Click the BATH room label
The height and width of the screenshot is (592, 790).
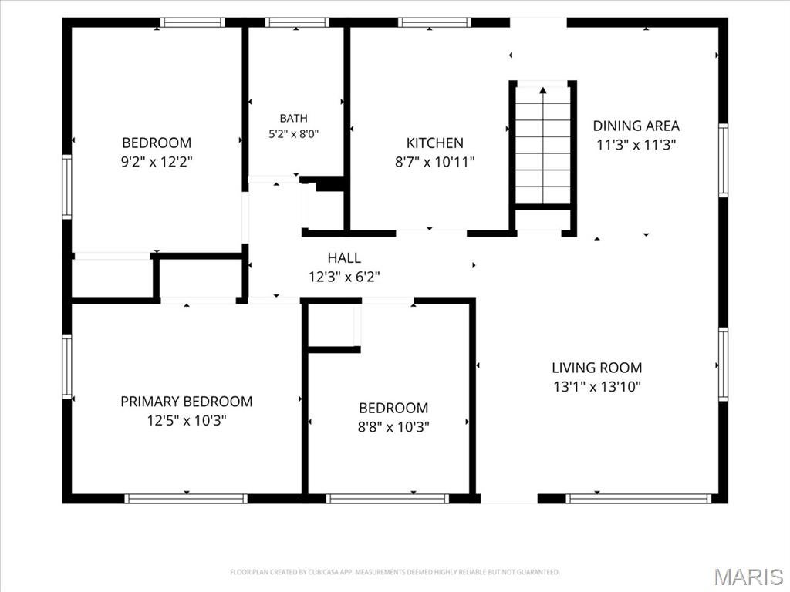(x=293, y=118)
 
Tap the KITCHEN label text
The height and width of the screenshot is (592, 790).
(x=435, y=143)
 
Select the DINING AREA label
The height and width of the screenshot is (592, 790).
(x=636, y=126)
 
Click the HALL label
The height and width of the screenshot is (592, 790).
(x=344, y=257)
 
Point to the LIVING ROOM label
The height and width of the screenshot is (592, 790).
(x=597, y=368)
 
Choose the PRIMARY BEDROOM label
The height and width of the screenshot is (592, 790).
(x=187, y=401)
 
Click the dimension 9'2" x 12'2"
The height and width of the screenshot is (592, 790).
(x=157, y=162)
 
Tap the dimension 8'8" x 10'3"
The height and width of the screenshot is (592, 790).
(x=393, y=427)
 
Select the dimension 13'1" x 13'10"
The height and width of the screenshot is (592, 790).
(x=597, y=387)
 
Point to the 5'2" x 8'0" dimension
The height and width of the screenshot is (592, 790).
(x=293, y=134)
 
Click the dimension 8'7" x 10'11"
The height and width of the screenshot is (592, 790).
(x=435, y=162)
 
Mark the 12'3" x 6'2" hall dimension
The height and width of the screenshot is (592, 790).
(x=344, y=277)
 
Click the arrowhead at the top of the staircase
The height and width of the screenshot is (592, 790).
(x=542, y=91)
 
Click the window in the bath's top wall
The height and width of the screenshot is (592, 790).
(x=297, y=22)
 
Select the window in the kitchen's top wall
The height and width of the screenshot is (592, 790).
(x=434, y=22)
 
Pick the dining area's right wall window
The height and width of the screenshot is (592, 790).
(x=723, y=160)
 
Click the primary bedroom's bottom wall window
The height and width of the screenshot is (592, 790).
(x=186, y=499)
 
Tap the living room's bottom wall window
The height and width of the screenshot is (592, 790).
(x=638, y=499)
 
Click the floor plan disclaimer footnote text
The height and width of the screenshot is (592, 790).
(x=394, y=572)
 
